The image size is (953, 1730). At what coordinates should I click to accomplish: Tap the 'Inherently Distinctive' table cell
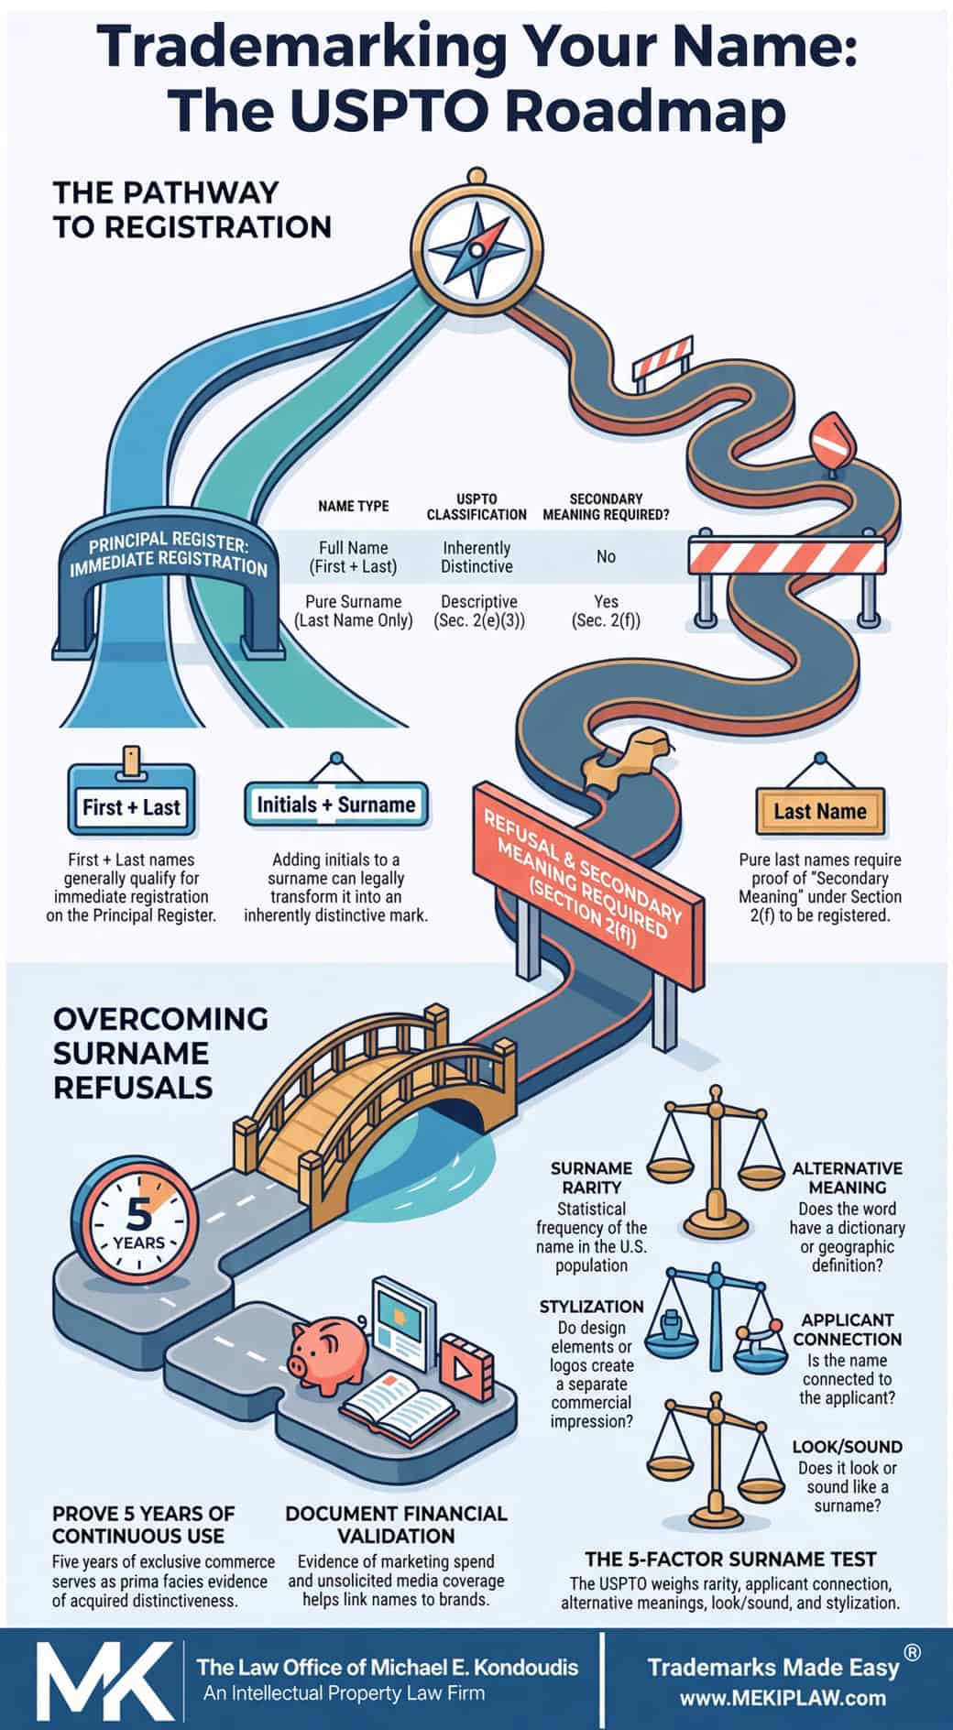pos(476,557)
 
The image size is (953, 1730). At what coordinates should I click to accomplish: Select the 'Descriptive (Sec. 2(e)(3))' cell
pos(478,611)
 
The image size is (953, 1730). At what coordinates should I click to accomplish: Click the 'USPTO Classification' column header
pos(476,506)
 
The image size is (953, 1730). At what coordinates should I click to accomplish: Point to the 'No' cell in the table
pos(606,556)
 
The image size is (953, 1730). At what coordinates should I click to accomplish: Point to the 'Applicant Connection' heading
pos(848,1330)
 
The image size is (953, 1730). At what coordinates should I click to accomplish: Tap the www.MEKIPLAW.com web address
pos(783,1698)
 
